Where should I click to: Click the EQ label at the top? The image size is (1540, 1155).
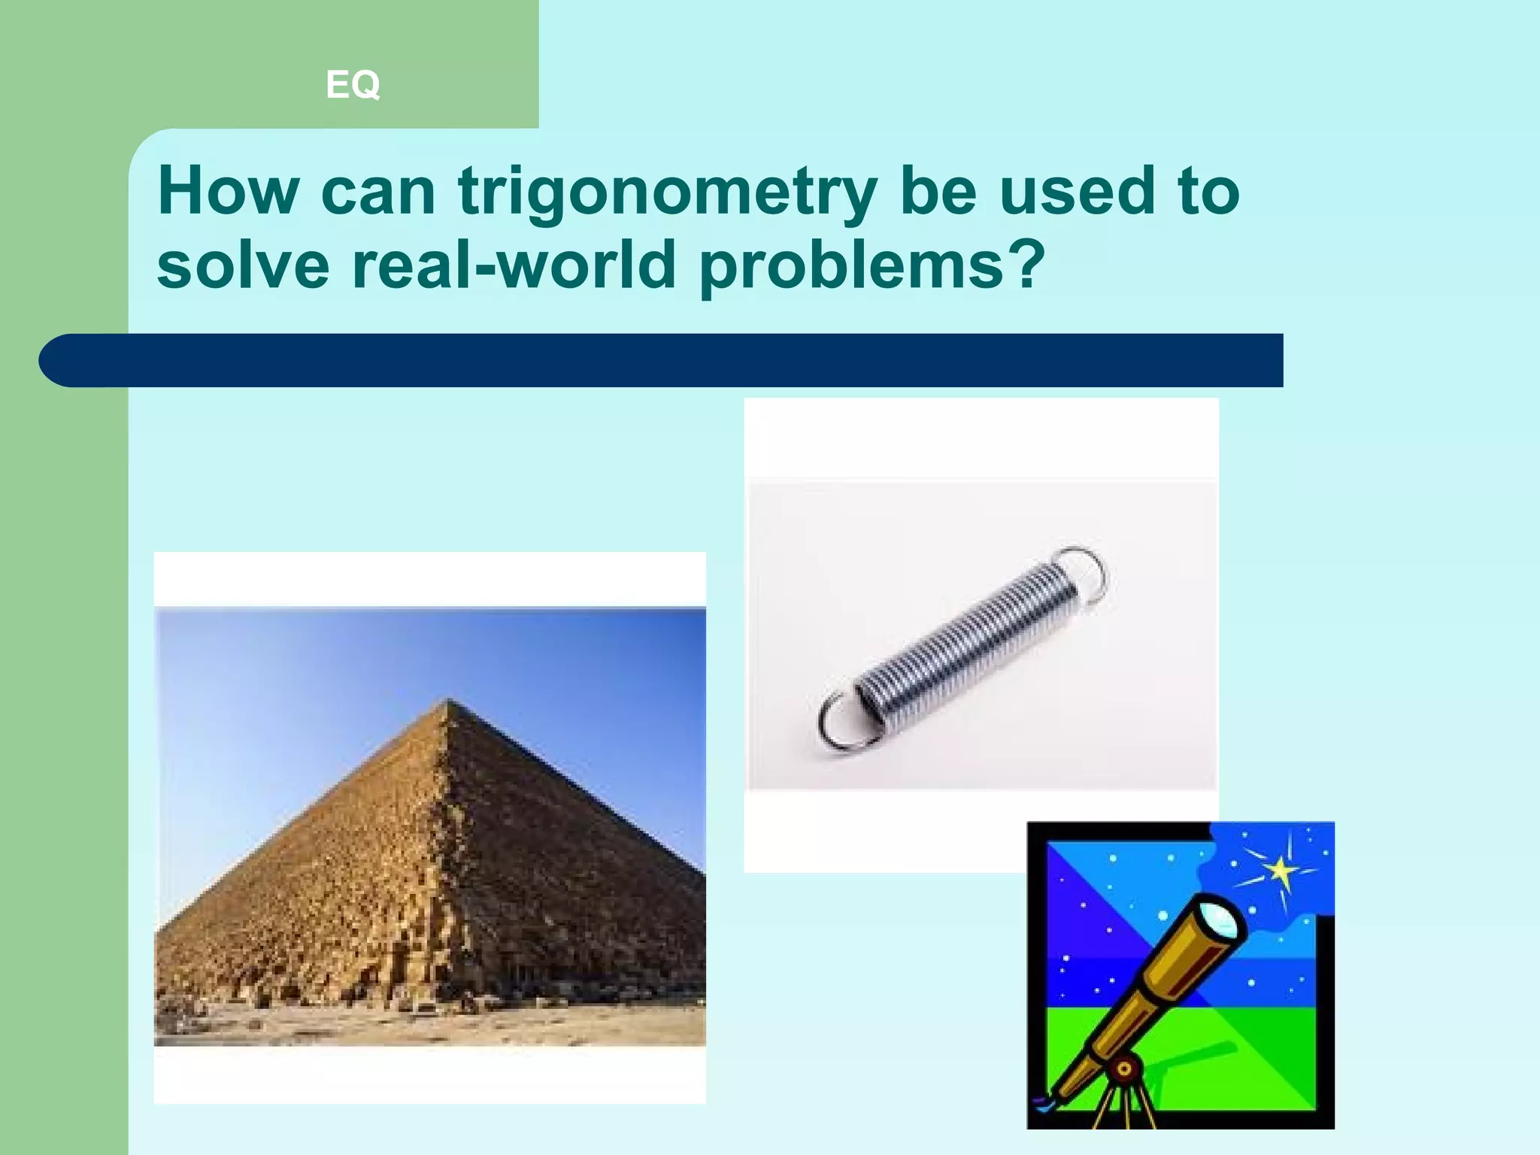point(353,84)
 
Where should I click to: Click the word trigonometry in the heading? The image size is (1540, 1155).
point(668,193)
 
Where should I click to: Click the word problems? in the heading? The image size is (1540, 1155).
point(872,267)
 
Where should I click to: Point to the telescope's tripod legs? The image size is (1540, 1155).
point(1120,1105)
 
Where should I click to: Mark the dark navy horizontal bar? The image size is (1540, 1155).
point(677,360)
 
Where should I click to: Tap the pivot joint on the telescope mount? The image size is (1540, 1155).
point(1124,1069)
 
